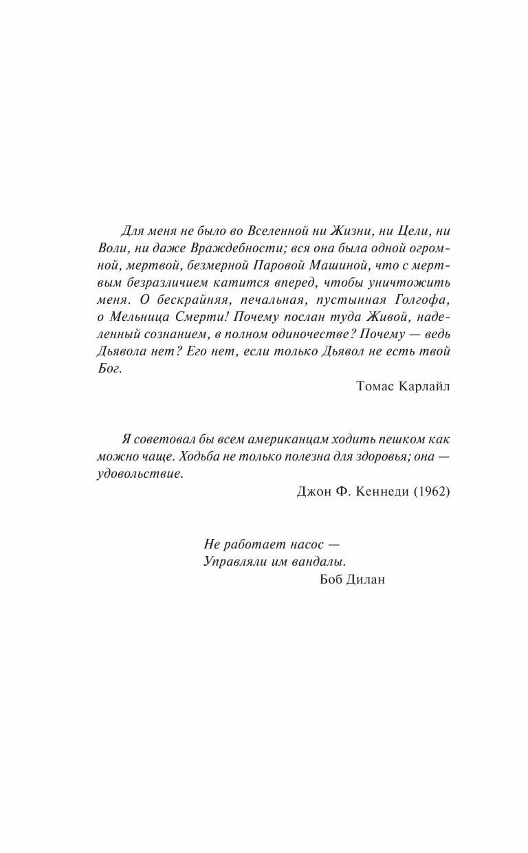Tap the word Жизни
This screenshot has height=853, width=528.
pyautogui.click(x=351, y=231)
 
